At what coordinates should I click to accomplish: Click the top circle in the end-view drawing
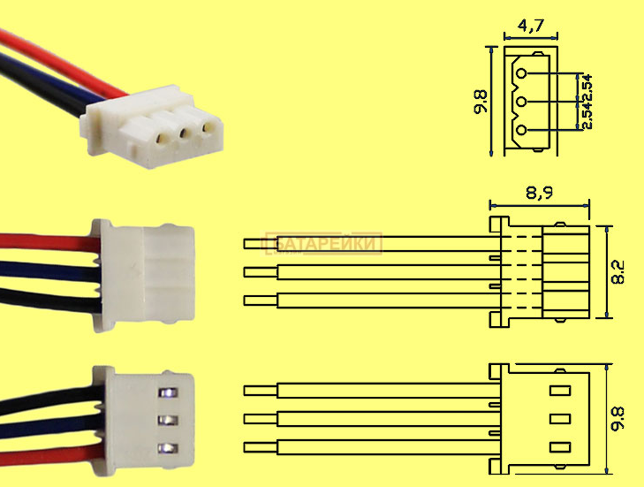click(522, 74)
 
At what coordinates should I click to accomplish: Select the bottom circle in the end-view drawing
click(522, 131)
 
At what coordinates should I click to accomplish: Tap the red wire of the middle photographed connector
click(44, 240)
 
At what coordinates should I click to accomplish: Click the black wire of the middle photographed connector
click(44, 293)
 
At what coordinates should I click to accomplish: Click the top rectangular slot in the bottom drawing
click(558, 389)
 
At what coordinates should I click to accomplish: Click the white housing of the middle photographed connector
click(150, 266)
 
